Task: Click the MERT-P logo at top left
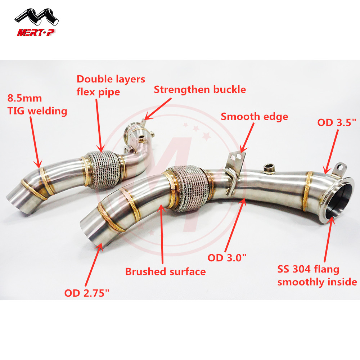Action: pos(37,23)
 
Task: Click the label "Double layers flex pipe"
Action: pos(111,85)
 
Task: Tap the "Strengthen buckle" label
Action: pos(200,89)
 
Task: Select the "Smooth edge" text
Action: pos(254,116)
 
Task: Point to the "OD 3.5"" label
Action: pos(337,122)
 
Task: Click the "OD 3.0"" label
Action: pos(227,258)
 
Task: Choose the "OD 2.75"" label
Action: pos(86,293)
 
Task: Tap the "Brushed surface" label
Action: pos(165,271)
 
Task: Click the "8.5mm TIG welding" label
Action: pos(37,104)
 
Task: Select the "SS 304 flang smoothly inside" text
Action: pos(317,275)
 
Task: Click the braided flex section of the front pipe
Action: pos(187,187)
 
